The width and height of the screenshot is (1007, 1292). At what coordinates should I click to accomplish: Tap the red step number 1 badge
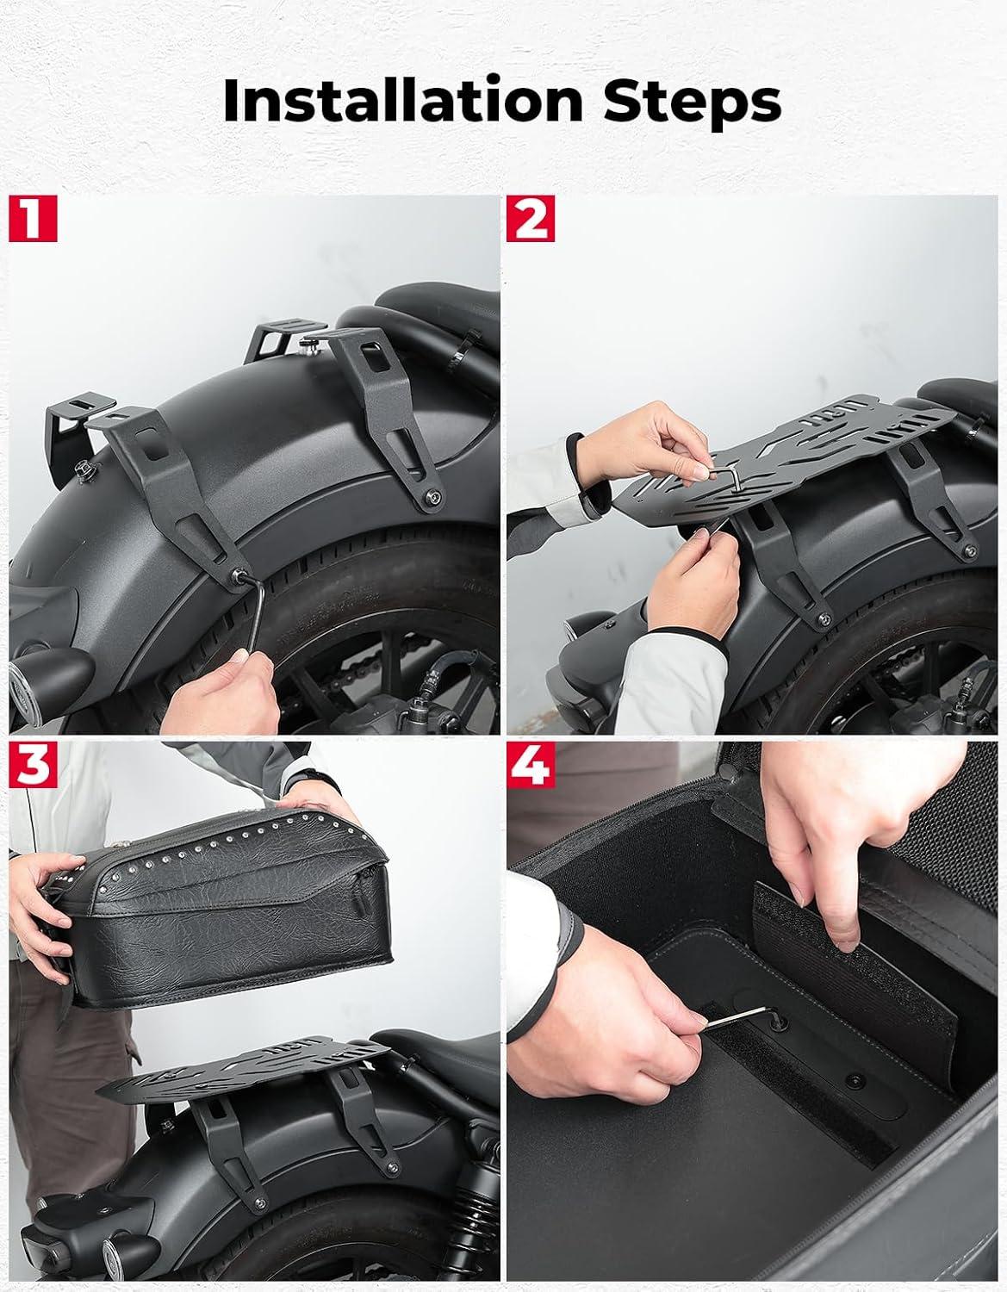(x=33, y=218)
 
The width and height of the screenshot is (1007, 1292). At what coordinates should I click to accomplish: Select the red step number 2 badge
(x=531, y=218)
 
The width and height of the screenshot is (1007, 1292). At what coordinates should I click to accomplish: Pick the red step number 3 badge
(x=33, y=765)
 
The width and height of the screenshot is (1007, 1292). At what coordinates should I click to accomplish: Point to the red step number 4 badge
(x=531, y=765)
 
